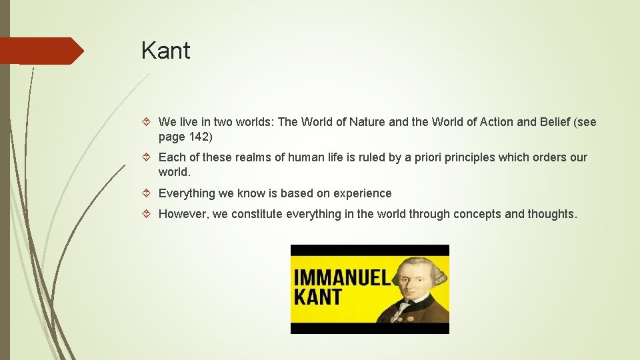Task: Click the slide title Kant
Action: click(x=165, y=51)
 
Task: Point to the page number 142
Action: click(x=197, y=137)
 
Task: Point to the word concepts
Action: click(x=476, y=214)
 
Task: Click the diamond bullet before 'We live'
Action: click(x=148, y=122)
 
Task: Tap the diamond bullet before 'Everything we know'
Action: click(x=148, y=193)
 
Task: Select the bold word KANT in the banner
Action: click(x=318, y=297)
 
